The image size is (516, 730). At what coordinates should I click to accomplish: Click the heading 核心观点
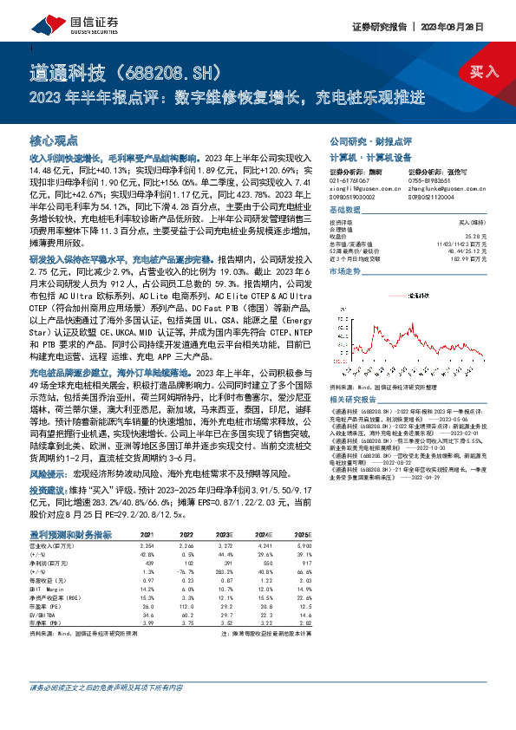[54, 140]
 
